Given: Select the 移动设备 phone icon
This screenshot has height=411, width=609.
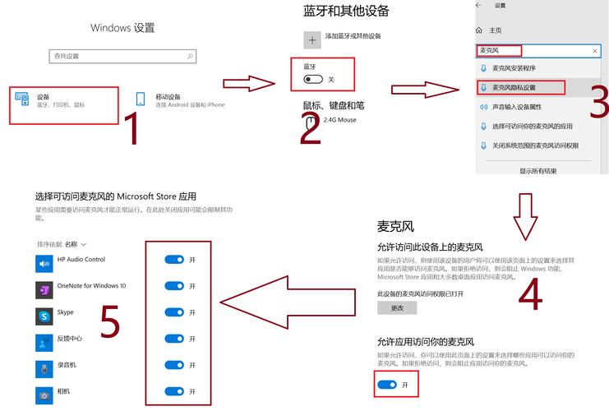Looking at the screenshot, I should point(141,99).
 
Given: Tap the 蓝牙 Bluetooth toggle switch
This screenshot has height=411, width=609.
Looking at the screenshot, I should point(313,79).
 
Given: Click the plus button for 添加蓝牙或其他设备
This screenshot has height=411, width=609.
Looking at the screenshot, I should point(311,38).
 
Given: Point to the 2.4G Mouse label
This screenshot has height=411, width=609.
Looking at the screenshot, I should point(340,120).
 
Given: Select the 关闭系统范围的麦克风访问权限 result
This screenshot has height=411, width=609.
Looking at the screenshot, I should point(534,145).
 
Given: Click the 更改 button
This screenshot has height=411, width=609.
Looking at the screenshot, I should point(397,307).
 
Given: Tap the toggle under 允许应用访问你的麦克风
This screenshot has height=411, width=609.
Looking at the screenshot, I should point(386,384).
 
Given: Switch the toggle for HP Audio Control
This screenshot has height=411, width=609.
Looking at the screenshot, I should point(173,260).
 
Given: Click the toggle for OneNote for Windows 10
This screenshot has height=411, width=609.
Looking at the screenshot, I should point(173,286).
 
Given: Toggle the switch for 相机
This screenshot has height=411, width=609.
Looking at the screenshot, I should point(173,391).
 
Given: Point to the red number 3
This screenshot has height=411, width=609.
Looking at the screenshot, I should point(599,103).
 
